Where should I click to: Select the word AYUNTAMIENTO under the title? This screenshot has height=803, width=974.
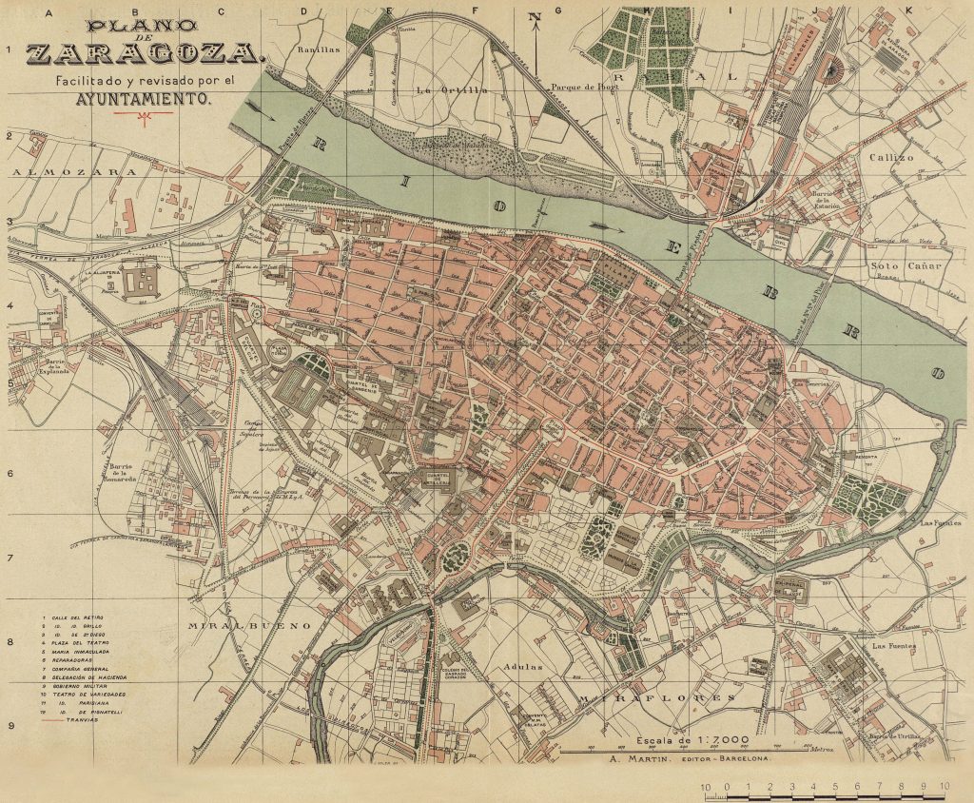click(143, 97)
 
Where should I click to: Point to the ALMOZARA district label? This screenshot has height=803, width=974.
click(75, 172)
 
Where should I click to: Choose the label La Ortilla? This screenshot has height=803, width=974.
click(451, 90)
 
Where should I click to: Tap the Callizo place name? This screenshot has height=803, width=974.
click(890, 157)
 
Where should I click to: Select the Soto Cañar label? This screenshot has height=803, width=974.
click(906, 265)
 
